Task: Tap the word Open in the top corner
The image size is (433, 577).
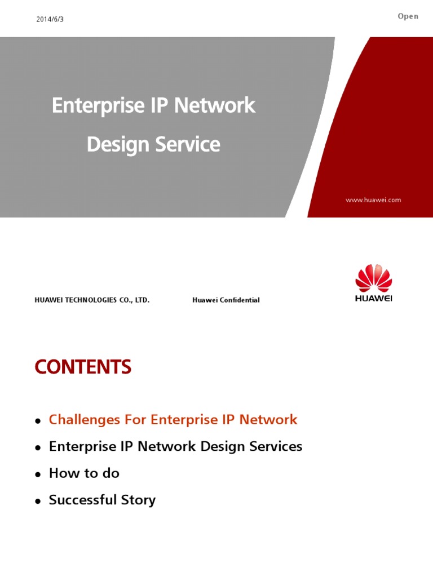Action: (408, 16)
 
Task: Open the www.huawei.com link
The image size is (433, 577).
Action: (374, 200)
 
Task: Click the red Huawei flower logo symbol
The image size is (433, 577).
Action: (373, 278)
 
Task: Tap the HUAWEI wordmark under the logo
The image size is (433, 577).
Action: (373, 299)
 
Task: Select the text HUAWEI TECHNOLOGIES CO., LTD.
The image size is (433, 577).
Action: (92, 300)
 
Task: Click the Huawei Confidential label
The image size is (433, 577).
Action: (226, 300)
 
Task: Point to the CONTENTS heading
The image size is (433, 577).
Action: (83, 367)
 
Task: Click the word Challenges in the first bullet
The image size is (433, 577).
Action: (85, 420)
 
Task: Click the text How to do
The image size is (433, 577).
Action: (84, 473)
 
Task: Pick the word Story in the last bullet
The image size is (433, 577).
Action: (138, 500)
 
